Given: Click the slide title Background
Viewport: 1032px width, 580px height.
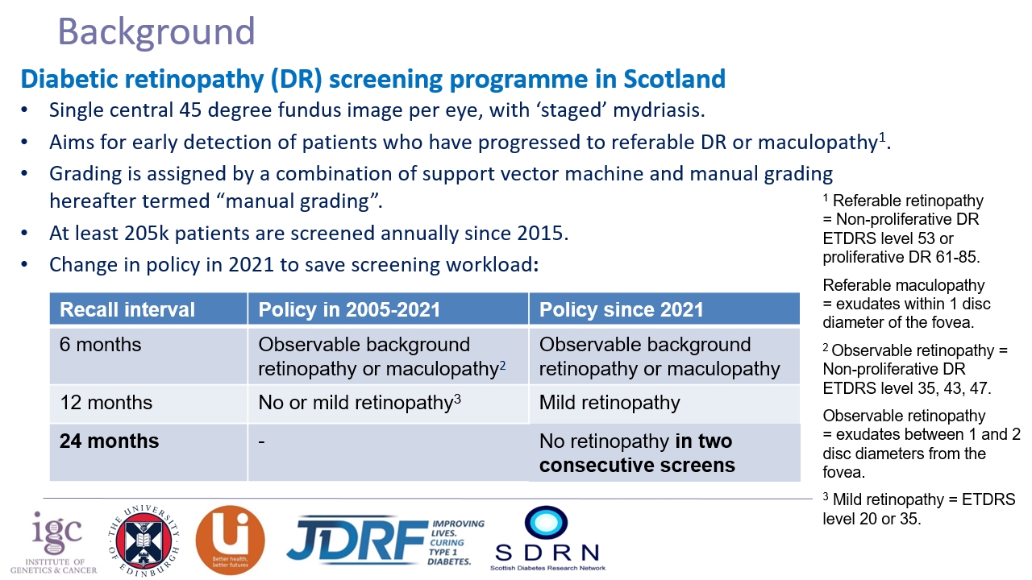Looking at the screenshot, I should coord(156,32).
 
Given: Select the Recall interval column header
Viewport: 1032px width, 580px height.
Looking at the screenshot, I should coord(127,309).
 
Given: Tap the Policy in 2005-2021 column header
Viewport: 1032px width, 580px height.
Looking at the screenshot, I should coord(349,309).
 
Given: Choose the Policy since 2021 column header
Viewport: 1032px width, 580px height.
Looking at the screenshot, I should coord(621,309).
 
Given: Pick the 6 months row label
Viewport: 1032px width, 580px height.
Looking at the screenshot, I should coord(100,345).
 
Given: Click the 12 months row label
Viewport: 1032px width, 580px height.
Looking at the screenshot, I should coord(106,403).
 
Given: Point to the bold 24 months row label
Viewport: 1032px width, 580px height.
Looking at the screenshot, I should coord(109,441).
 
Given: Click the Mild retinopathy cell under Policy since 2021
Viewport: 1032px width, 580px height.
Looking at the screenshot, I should coord(610,403).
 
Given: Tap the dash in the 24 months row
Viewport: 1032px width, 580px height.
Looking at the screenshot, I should coord(262,441).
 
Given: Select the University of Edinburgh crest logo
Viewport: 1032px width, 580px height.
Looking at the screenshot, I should coord(144,539).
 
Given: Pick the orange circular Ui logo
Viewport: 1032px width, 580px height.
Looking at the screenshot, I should coord(230,540).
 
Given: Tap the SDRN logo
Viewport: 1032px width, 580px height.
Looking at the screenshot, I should coord(547,538).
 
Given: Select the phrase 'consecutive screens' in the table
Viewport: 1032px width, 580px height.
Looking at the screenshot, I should coord(637,466).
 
